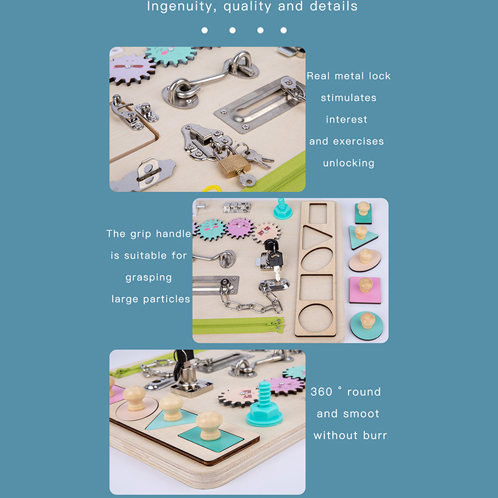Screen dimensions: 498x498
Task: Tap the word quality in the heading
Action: [x=247, y=7]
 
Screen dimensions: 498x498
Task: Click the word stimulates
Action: [x=349, y=98]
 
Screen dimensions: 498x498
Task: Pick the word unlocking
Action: [x=349, y=163]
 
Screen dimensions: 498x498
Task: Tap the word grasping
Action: [x=149, y=278]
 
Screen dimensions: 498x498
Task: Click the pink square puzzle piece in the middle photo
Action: [x=365, y=290]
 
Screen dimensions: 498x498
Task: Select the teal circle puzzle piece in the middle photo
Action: [x=367, y=326]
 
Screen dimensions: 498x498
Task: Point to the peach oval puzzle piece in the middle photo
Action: [x=365, y=260]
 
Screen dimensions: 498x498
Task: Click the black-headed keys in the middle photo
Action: [x=273, y=254]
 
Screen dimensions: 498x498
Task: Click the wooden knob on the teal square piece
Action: [x=209, y=425]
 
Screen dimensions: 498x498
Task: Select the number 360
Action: [x=321, y=392]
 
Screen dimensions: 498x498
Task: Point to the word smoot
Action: [x=361, y=413]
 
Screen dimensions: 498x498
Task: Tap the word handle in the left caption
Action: [x=174, y=233]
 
